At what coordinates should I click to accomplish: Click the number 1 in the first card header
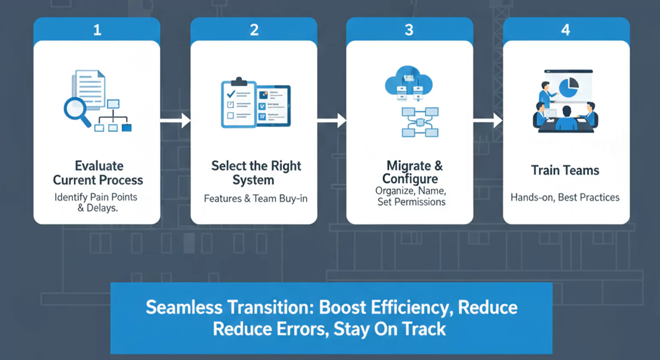(x=97, y=30)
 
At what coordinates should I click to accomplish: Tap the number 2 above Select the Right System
(x=254, y=30)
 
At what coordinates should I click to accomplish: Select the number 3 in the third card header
(x=409, y=30)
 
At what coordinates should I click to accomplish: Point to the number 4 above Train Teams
(x=566, y=30)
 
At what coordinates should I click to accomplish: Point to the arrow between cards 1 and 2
(x=176, y=121)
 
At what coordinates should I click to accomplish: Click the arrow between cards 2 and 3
(x=332, y=121)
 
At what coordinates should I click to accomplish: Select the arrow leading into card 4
(x=488, y=121)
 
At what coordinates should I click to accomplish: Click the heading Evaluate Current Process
(x=98, y=173)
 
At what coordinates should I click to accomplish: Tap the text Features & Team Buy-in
(x=255, y=198)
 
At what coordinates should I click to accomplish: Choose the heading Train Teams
(x=565, y=170)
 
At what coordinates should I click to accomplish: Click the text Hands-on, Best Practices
(x=565, y=197)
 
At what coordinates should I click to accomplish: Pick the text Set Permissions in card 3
(x=411, y=202)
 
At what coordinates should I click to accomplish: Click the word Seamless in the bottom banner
(x=184, y=307)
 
